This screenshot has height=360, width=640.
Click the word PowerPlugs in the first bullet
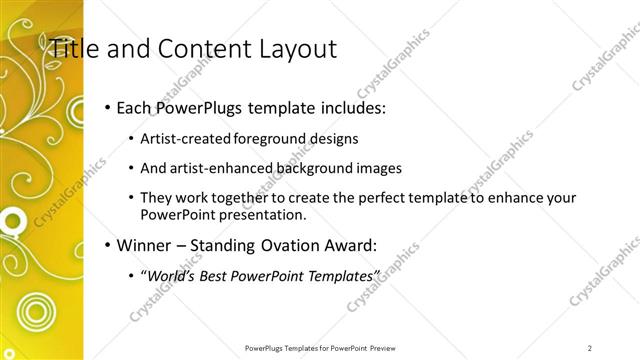point(206,107)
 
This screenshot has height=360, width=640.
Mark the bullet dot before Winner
point(107,245)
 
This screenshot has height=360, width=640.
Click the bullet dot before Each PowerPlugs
point(107,107)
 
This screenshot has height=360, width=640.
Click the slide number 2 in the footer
point(590,348)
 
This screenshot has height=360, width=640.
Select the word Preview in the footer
point(381,348)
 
